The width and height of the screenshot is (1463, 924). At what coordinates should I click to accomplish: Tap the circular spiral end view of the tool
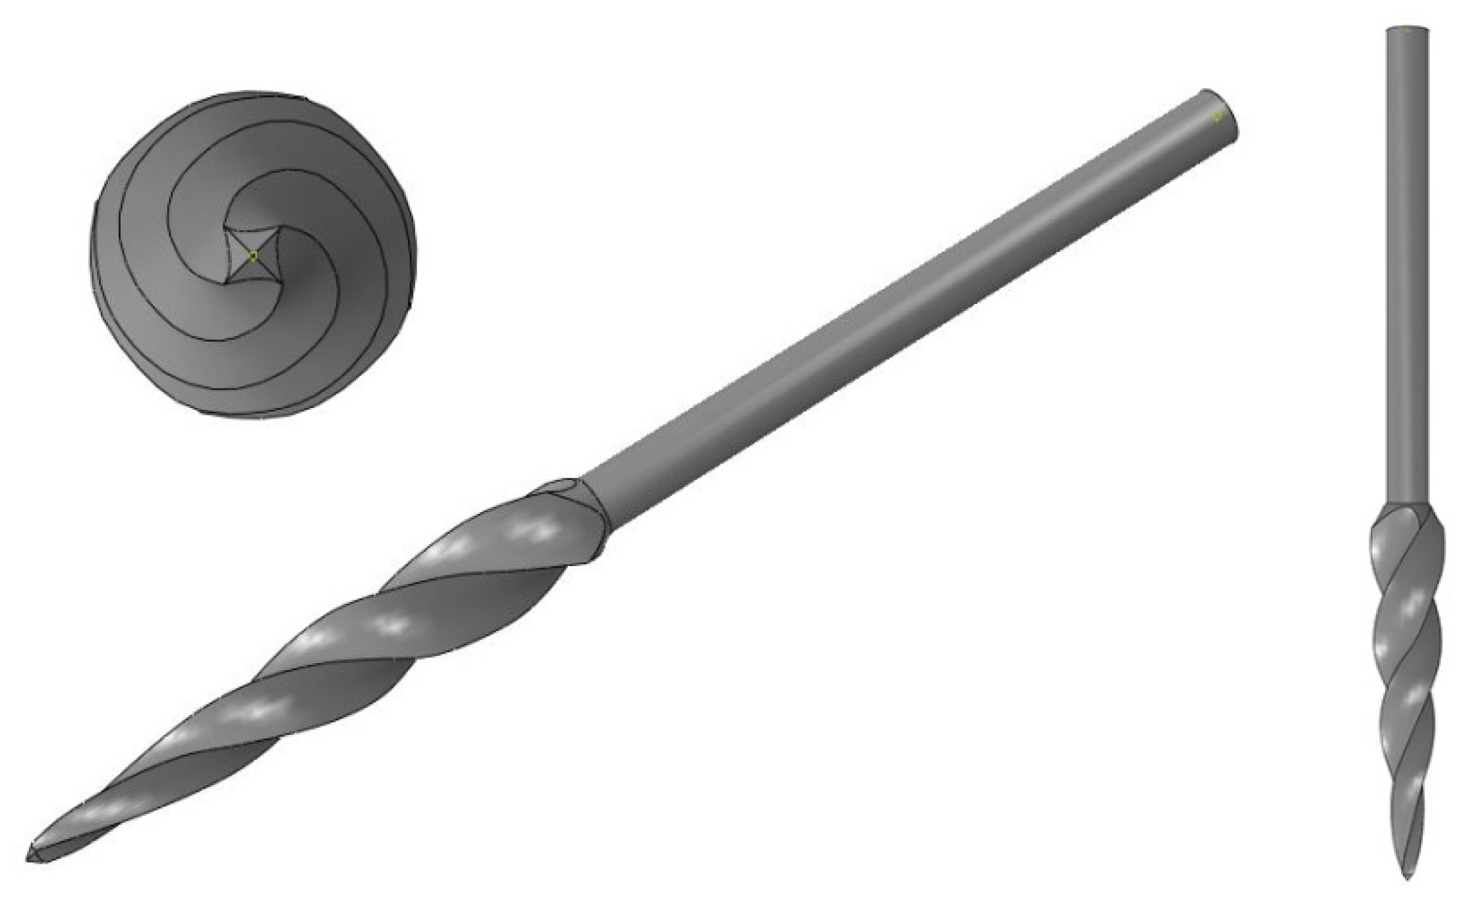253,254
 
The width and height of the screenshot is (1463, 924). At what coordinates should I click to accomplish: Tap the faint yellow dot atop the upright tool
1407,30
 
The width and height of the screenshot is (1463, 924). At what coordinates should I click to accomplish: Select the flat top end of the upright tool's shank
1407,29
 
